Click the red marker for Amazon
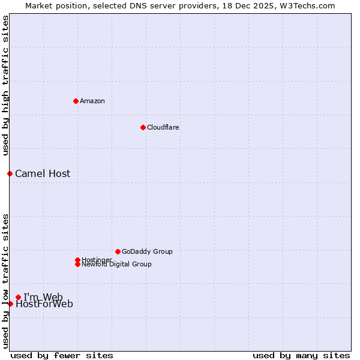[x=76, y=101]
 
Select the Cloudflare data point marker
[x=143, y=127]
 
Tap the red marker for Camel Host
[x=10, y=173]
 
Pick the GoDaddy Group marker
[x=118, y=251]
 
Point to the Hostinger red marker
[x=77, y=260]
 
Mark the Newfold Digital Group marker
[x=77, y=264]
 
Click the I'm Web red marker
[x=18, y=297]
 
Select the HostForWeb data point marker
[x=10, y=304]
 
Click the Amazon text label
[x=92, y=101]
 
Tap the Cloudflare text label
[x=163, y=127]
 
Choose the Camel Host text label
[x=43, y=174]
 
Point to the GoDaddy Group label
[x=147, y=251]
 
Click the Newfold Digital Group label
[x=116, y=264]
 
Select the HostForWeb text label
[x=44, y=304]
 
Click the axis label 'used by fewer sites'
[x=62, y=355]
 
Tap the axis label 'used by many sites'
[x=301, y=355]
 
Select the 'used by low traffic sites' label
[x=5, y=280]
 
